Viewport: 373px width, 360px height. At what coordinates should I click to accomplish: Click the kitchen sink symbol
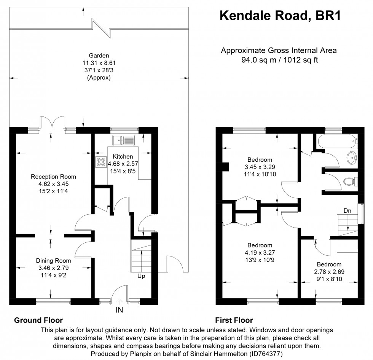pos(123,140)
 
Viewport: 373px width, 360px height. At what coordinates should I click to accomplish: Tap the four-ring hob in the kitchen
pos(101,162)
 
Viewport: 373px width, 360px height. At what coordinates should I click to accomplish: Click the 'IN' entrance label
pos(120,310)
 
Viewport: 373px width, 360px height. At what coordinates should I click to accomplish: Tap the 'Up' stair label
pos(141,276)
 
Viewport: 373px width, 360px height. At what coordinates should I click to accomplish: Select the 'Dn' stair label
pos(347,211)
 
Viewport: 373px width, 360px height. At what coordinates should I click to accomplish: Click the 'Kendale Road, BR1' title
pos(280,16)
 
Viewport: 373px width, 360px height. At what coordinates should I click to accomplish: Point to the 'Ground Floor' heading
pos(38,320)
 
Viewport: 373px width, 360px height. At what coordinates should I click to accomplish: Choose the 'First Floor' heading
pos(234,320)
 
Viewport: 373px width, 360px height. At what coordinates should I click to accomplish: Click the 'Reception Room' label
pos(54,177)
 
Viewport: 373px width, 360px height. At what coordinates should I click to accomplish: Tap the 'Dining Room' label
pos(54,261)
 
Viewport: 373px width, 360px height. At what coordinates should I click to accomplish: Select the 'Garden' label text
pos(99,56)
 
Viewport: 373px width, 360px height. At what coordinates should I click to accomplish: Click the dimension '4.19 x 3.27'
pos(260,253)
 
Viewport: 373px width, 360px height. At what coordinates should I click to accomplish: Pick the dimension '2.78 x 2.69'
pos(329,272)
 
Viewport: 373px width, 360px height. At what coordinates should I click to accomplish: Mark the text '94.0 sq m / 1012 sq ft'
pos(280,60)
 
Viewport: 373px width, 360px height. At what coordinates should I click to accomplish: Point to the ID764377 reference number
pos(266,354)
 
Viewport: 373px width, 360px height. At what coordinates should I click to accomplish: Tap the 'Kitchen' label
pos(123,156)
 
